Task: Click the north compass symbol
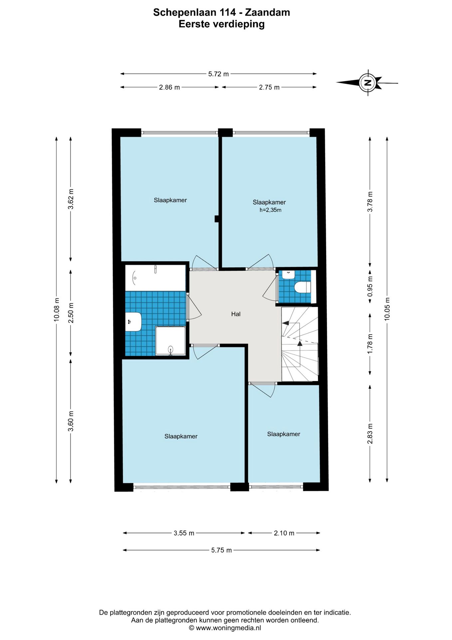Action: [367, 82]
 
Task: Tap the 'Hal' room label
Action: [236, 314]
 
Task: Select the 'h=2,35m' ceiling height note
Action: [270, 210]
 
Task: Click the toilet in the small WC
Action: [303, 287]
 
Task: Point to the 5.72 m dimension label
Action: [218, 74]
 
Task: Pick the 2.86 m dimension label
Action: [169, 87]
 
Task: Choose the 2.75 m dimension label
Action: [269, 87]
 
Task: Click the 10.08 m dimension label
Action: [57, 310]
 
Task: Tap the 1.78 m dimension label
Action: [370, 344]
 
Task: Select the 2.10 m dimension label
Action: [284, 533]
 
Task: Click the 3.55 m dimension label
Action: [184, 533]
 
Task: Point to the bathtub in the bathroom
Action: [155, 278]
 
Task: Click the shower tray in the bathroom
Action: [170, 341]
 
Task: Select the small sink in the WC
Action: [288, 275]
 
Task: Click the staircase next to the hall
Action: [300, 344]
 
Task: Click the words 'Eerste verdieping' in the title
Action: [222, 24]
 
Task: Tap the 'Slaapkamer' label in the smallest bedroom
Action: [284, 434]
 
